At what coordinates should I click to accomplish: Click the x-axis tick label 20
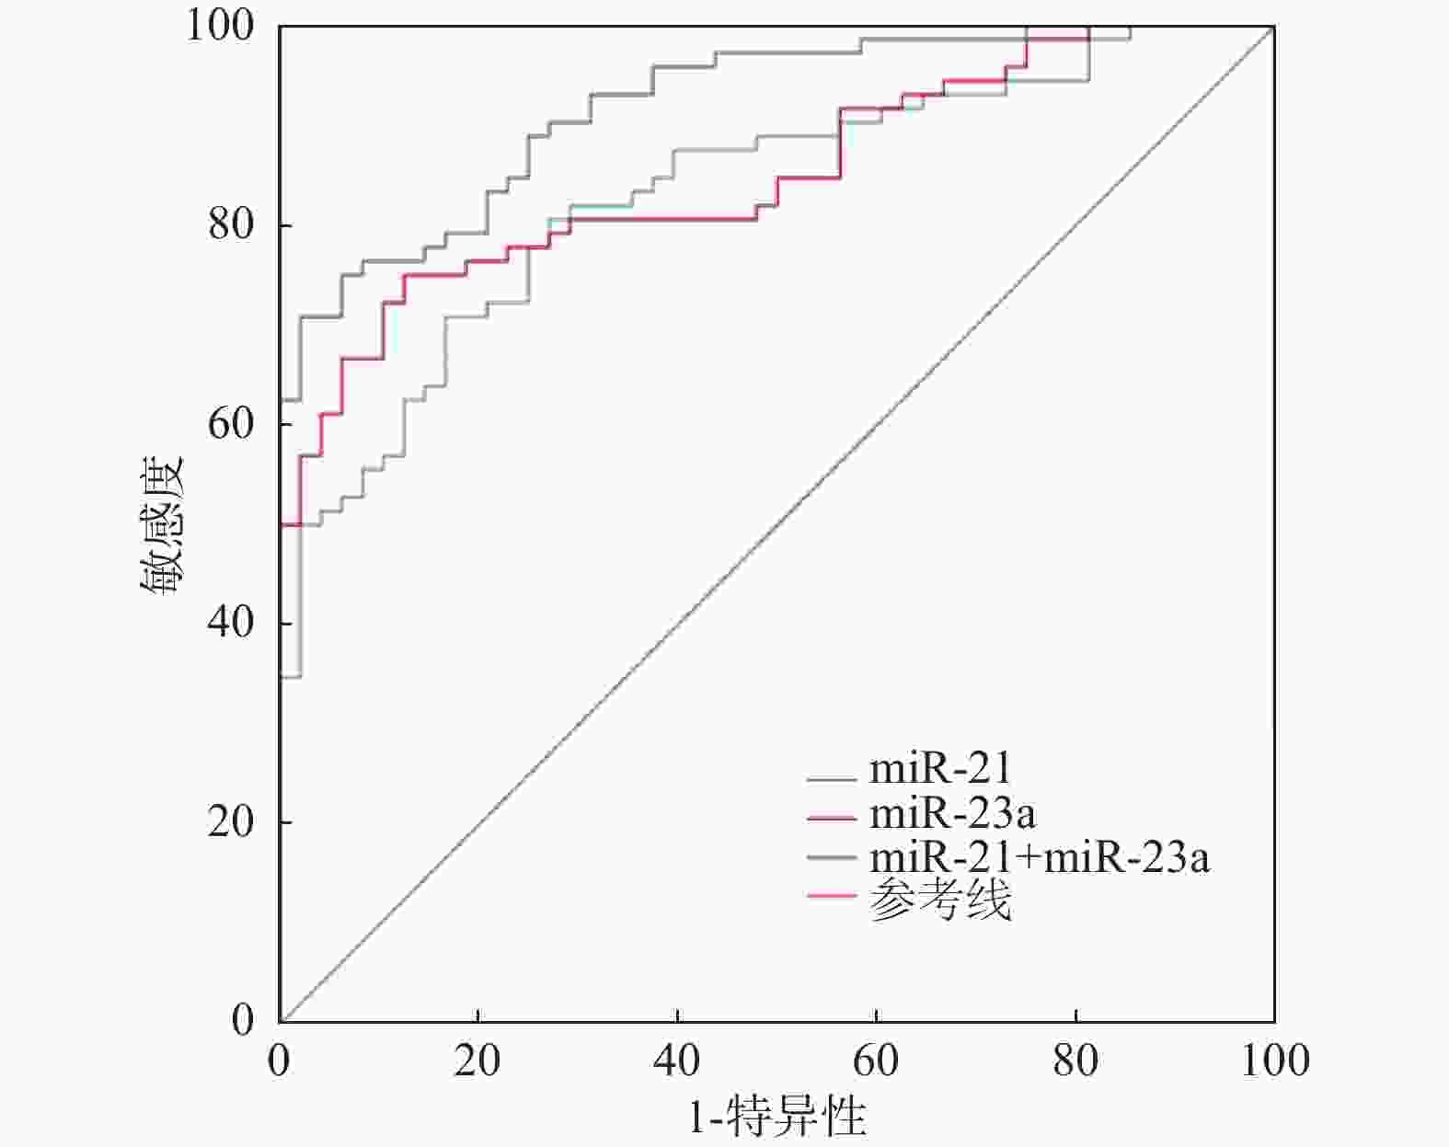(x=477, y=1061)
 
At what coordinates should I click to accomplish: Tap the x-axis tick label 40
(x=676, y=1061)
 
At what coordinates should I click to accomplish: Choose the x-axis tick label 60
(x=875, y=1061)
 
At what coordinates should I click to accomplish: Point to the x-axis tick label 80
(x=1075, y=1061)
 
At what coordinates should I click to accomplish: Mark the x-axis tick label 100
(x=1274, y=1061)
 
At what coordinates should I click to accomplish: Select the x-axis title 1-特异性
(x=777, y=1118)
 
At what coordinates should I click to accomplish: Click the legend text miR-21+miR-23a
(x=1039, y=857)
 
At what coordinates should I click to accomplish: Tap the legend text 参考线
(x=939, y=900)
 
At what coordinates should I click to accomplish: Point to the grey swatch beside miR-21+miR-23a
(x=831, y=858)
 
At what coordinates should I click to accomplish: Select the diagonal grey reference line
(x=776, y=524)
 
